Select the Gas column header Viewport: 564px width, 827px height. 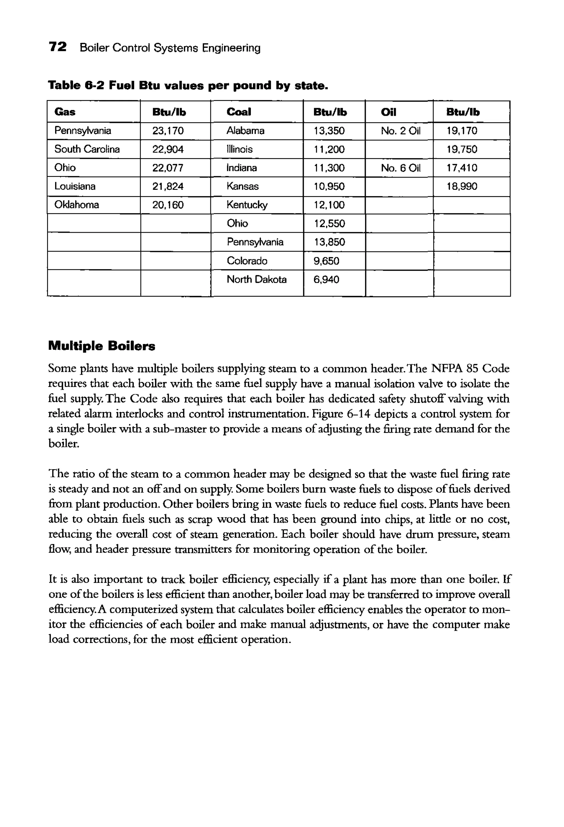click(64, 112)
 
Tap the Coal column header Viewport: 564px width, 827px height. click(239, 112)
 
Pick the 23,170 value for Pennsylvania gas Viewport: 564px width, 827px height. click(168, 131)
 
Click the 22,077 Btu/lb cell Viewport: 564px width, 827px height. click(167, 168)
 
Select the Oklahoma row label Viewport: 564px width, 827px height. click(76, 205)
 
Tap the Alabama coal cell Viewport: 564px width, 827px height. click(245, 131)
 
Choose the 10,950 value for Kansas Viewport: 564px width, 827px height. click(329, 186)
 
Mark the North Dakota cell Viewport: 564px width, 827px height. click(256, 279)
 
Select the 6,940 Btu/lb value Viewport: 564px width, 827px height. click(326, 280)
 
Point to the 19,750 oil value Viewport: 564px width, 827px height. click(462, 149)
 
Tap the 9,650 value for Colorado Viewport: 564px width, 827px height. click(326, 261)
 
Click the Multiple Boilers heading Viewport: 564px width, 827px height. click(102, 346)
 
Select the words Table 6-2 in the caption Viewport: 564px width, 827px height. click(76, 86)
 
